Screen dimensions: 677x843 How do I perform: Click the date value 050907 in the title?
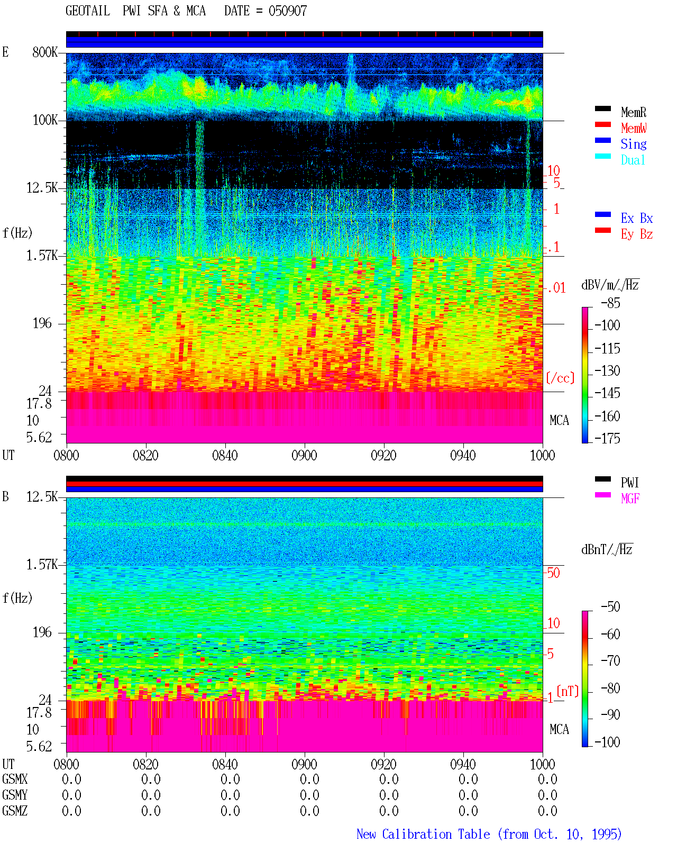(288, 11)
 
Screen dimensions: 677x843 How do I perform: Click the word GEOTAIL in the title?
(88, 11)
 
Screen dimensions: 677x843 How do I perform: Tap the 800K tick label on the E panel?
(45, 52)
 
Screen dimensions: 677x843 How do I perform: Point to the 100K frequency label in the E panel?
(45, 120)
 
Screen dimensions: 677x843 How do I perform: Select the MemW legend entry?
(634, 128)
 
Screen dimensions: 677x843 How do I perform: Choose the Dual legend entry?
(633, 160)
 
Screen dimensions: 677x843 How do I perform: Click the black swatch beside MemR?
(602, 108)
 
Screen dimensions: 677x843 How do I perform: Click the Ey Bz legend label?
(637, 234)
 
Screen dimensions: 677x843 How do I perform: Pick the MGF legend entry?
(630, 498)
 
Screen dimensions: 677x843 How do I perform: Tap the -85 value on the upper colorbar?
(610, 303)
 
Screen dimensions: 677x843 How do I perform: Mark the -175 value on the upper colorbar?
(607, 438)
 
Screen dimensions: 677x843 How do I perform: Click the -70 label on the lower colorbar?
(610, 661)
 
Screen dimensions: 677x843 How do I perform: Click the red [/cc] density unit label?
(560, 378)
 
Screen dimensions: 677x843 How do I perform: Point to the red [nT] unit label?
(568, 691)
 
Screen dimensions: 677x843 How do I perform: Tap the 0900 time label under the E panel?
(304, 456)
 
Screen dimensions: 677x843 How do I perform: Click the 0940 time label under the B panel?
(463, 764)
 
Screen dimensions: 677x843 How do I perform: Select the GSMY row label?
(15, 795)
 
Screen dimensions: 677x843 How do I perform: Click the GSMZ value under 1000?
(547, 811)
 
